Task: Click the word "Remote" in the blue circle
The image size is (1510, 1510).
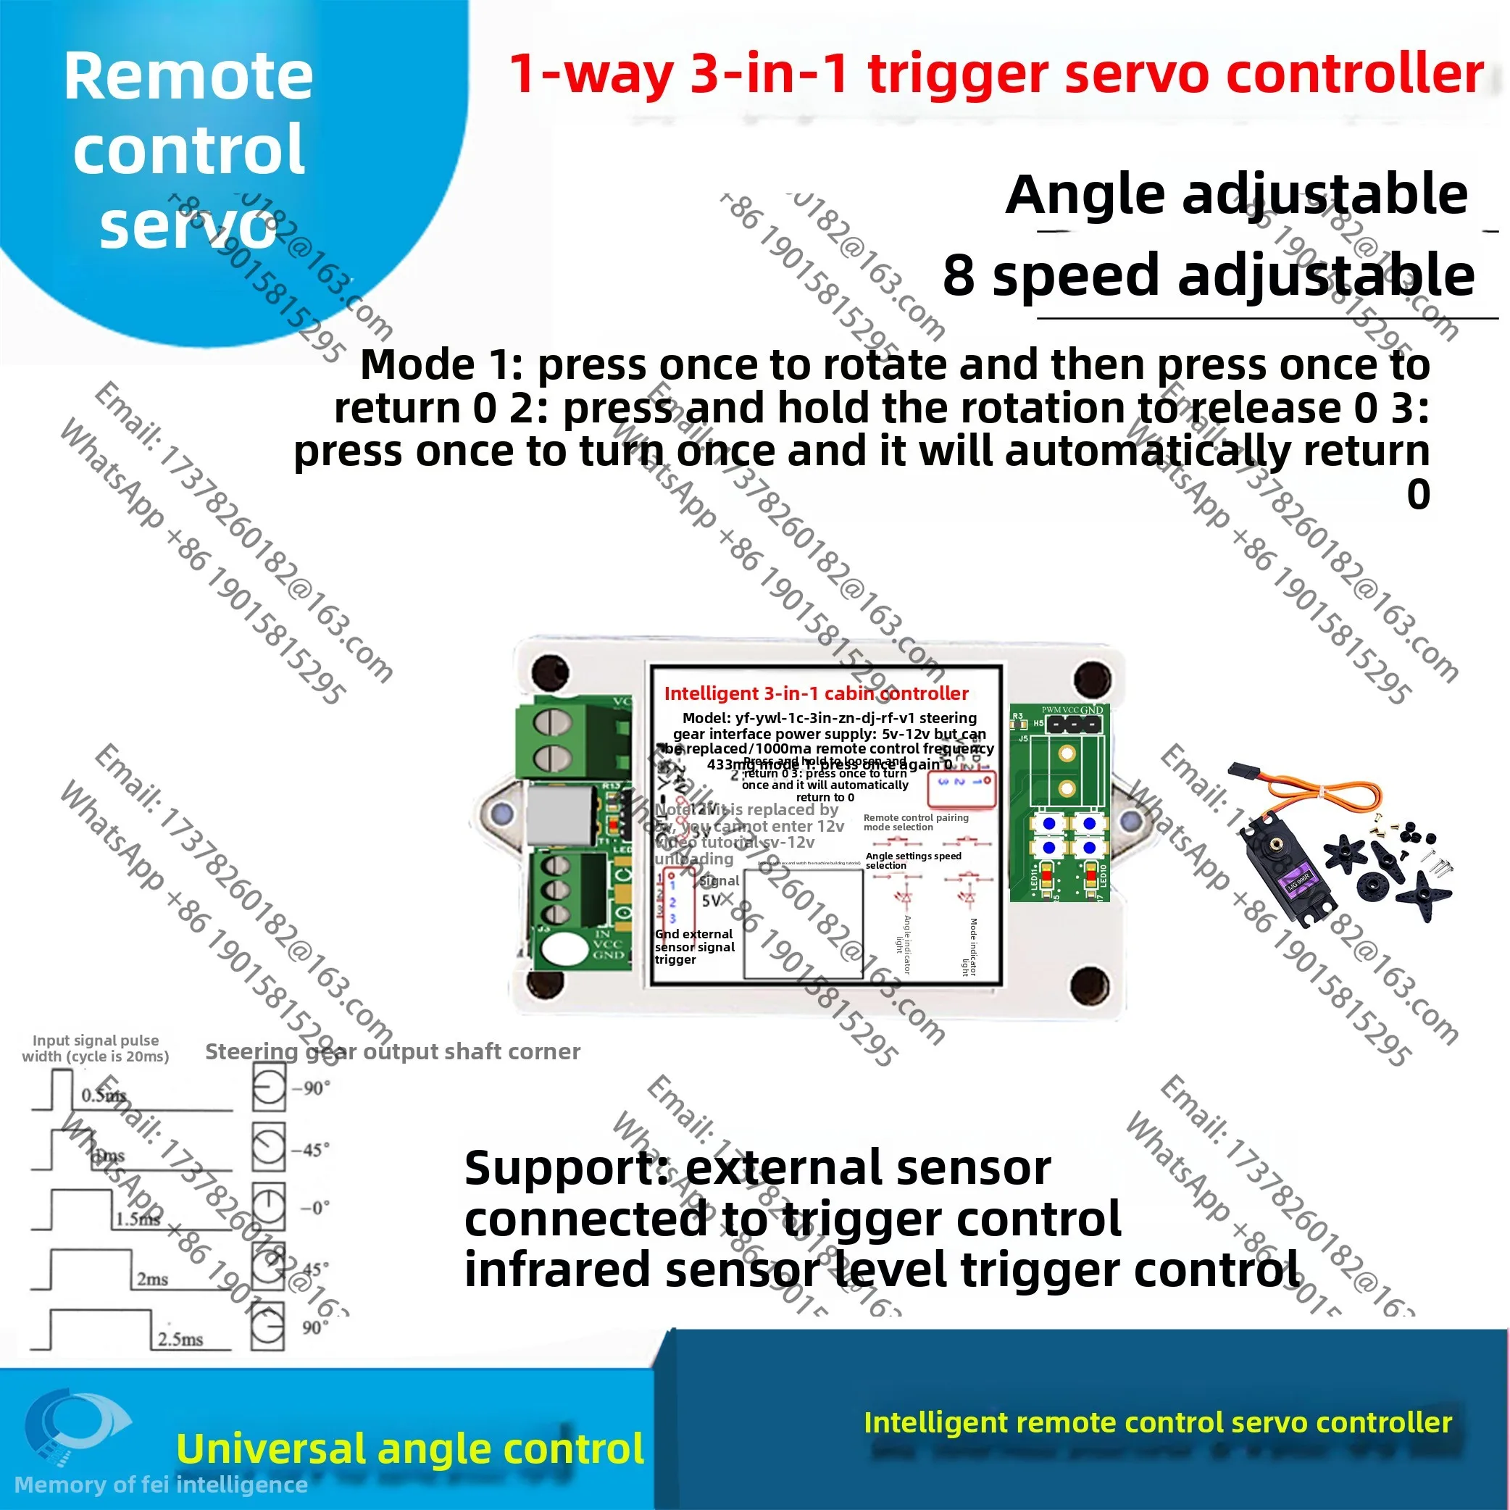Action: [188, 77]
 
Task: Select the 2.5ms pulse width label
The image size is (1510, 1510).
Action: [180, 1339]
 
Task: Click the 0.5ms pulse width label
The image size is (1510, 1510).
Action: [103, 1095]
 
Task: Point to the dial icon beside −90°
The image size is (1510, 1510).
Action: [269, 1089]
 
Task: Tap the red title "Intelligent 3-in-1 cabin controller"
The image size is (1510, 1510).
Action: [816, 693]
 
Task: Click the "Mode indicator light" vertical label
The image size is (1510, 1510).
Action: [969, 946]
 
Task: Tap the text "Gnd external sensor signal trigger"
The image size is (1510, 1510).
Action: [694, 946]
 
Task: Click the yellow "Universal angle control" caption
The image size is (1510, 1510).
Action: [410, 1448]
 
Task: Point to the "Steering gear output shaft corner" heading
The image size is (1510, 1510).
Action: [392, 1051]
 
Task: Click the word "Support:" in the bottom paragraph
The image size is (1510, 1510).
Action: [566, 1169]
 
